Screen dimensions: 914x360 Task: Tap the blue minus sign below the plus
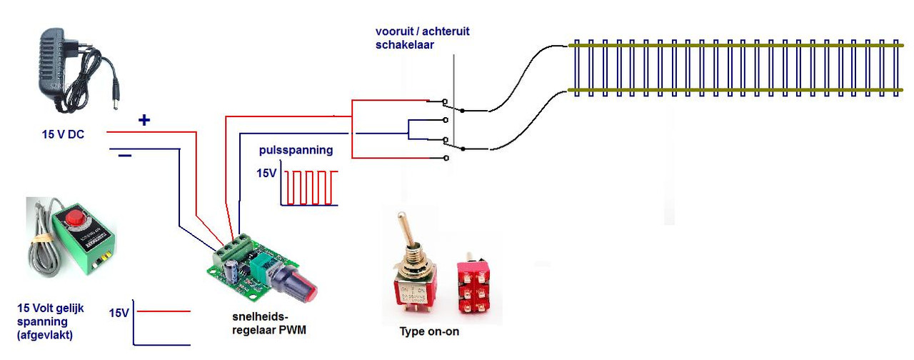(x=124, y=156)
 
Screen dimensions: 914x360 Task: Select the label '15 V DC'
(x=63, y=134)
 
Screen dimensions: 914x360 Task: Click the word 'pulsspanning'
(x=296, y=150)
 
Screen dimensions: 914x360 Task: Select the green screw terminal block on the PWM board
(x=233, y=248)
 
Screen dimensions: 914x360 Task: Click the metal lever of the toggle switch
(x=406, y=231)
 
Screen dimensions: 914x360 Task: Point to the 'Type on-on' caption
(x=429, y=331)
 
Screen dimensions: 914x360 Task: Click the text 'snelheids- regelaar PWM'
(x=269, y=324)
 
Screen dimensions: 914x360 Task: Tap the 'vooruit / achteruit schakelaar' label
(x=422, y=38)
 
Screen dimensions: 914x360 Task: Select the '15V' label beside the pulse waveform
(x=266, y=174)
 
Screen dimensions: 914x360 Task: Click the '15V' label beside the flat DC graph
(x=119, y=313)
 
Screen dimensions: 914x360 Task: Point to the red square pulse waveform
(x=311, y=187)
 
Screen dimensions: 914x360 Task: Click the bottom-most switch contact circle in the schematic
(x=446, y=158)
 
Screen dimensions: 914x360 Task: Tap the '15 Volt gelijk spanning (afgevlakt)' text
(x=50, y=321)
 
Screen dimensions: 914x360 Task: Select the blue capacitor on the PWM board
(x=233, y=271)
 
